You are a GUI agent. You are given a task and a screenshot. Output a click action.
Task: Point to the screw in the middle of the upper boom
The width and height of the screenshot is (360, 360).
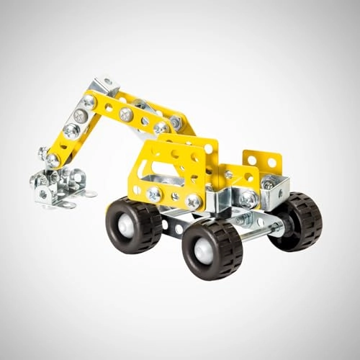pyautogui.click(x=126, y=114)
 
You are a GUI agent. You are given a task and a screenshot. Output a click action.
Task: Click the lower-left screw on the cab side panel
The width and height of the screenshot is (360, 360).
pyautogui.click(x=153, y=194)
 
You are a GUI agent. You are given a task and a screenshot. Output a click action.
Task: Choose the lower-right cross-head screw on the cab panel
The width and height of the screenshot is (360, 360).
pyautogui.click(x=193, y=202)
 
